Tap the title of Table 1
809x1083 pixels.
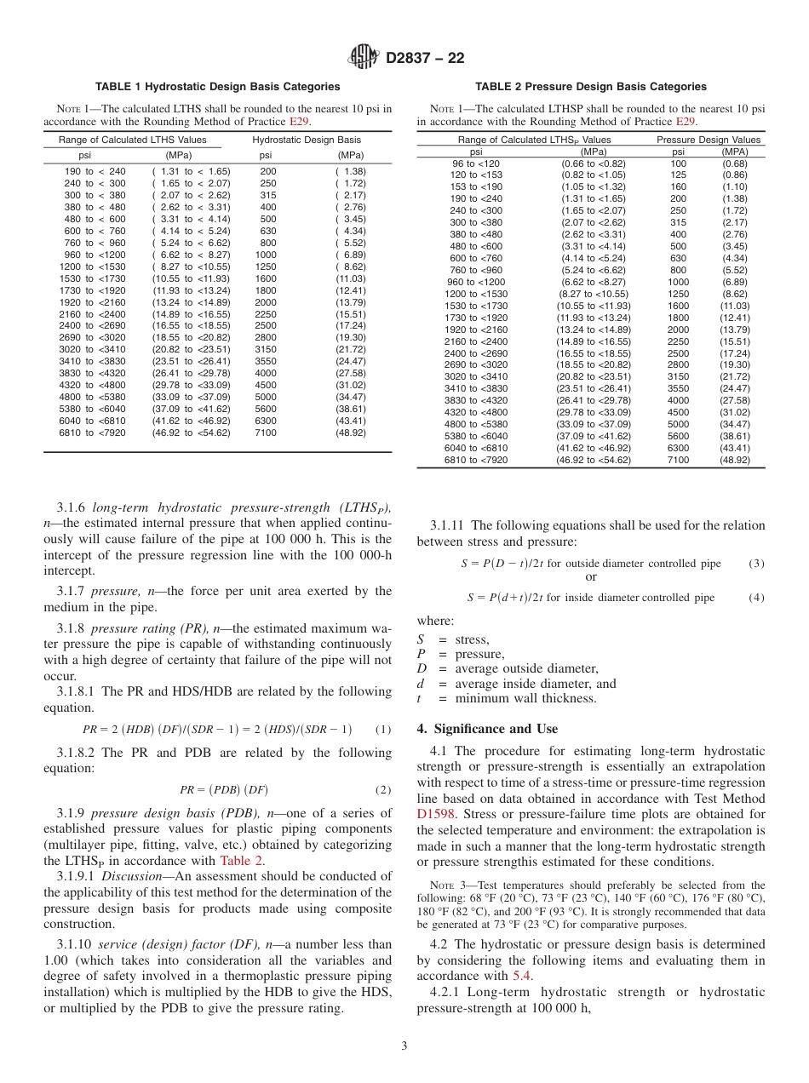click(x=217, y=87)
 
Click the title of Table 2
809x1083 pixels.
click(x=590, y=87)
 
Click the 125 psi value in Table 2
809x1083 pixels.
click(x=678, y=175)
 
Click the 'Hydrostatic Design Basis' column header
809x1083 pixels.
click(x=307, y=140)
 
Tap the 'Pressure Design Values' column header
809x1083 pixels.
click(x=709, y=140)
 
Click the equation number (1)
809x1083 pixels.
click(x=383, y=729)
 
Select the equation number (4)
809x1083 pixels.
click(x=756, y=598)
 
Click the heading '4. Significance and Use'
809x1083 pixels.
click(x=487, y=729)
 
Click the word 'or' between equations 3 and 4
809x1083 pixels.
click(x=591, y=577)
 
